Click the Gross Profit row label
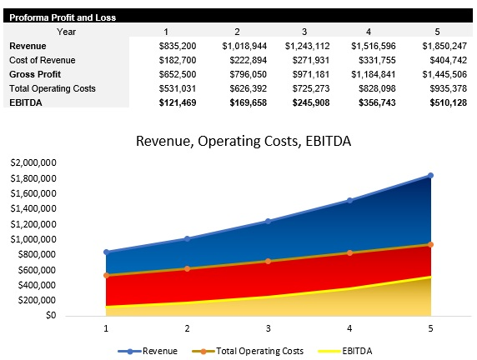pyautogui.click(x=34, y=74)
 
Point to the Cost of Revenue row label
pyautogui.click(x=42, y=60)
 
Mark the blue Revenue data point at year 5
pyautogui.click(x=431, y=175)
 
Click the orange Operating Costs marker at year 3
pyautogui.click(x=269, y=261)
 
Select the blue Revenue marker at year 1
pyautogui.click(x=106, y=252)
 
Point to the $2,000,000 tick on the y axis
pyautogui.click(x=33, y=163)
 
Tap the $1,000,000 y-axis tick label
pyautogui.click(x=33, y=239)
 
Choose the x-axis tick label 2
pyautogui.click(x=187, y=329)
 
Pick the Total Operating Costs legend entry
pyautogui.click(x=248, y=351)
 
